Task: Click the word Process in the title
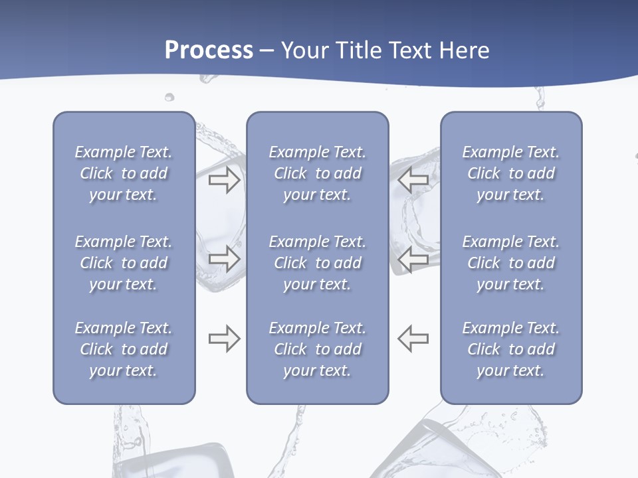pos(209,50)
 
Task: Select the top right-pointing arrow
pos(224,179)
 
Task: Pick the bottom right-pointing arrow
pos(224,339)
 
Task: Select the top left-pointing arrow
pos(413,179)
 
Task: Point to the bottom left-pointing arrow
pos(413,339)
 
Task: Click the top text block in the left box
pos(124,173)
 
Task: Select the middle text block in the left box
pos(124,263)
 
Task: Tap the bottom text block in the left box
pos(124,349)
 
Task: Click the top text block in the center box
pos(318,173)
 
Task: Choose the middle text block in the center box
pos(318,263)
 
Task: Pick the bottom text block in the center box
pos(318,349)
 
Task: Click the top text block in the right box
pos(511,173)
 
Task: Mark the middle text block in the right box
pos(511,263)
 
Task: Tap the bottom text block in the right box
pos(511,349)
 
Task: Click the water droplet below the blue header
pos(169,98)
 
